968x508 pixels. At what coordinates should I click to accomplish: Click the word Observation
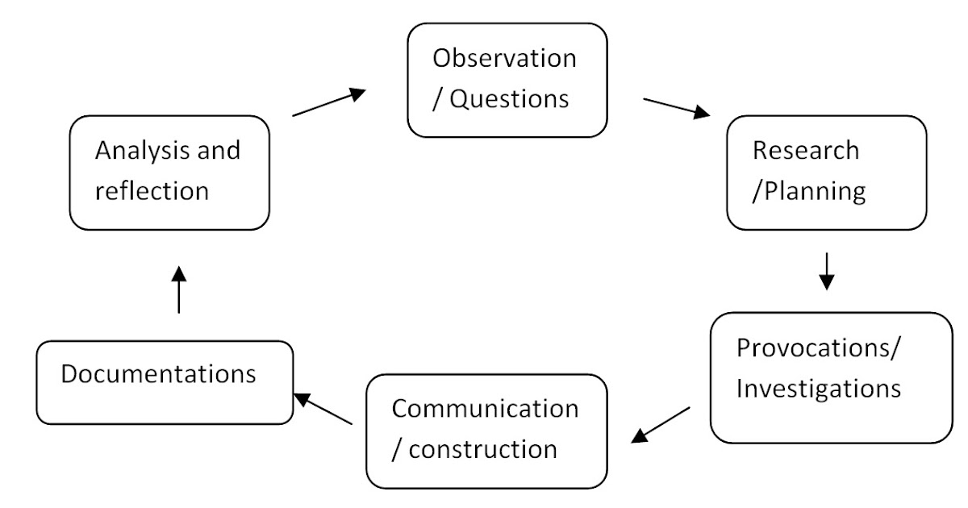click(x=504, y=59)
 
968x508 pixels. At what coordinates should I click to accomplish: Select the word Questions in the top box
click(x=508, y=98)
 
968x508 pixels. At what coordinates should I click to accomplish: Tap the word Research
click(x=805, y=151)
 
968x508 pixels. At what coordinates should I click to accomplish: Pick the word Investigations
click(x=818, y=389)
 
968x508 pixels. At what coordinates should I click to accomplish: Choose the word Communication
click(x=485, y=408)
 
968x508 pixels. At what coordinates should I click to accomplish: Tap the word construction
click(x=483, y=448)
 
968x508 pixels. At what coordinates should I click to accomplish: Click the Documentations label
click(x=159, y=375)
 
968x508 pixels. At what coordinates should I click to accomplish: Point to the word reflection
click(x=152, y=191)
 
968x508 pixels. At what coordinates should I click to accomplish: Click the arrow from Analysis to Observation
click(x=328, y=103)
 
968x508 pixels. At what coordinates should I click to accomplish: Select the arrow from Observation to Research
click(x=676, y=108)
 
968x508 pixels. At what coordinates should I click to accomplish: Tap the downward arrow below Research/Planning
click(x=825, y=272)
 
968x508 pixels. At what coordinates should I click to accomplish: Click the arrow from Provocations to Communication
click(x=661, y=424)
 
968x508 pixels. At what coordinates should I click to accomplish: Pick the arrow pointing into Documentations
click(x=323, y=409)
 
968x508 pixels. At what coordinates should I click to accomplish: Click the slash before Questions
click(x=438, y=99)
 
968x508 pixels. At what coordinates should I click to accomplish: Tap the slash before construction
click(x=396, y=449)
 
